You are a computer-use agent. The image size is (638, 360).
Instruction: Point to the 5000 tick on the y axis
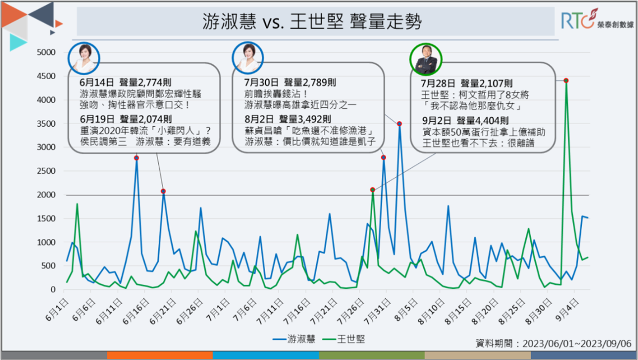46,52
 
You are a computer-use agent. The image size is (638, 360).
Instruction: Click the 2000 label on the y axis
46,195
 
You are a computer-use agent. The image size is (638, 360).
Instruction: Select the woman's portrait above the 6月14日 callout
84,58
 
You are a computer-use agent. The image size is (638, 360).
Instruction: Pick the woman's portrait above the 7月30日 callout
248,58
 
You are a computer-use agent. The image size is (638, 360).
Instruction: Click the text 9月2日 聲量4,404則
465,120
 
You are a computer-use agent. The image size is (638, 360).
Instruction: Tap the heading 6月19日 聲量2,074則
126,119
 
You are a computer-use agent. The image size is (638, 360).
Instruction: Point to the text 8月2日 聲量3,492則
288,119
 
